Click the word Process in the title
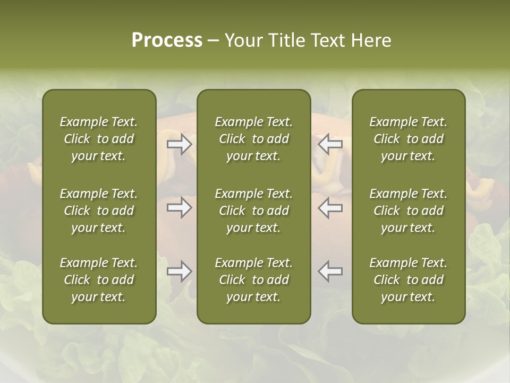pos(167,40)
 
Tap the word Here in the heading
pos(371,40)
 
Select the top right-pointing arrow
pos(180,144)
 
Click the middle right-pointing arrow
pos(180,207)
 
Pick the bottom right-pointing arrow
pos(180,271)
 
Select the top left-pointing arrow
pos(330,144)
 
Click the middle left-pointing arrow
pos(330,207)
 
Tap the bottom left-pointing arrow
pos(330,271)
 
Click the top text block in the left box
pos(99,139)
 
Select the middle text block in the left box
pos(99,211)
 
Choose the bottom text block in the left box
pos(99,280)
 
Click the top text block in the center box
pos(253,139)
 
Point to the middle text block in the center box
pos(253,211)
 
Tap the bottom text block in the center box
pos(253,280)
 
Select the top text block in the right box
pos(408,139)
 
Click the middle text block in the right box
pos(408,211)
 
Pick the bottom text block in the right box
pos(408,280)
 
